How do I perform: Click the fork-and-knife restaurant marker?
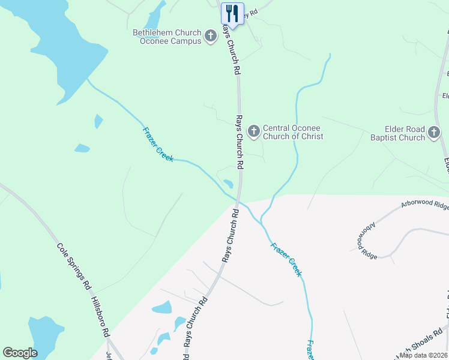pos(232,13)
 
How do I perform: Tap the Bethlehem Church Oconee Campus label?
pos(167,37)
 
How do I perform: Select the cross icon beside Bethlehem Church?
pos(211,37)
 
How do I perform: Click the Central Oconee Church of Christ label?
pos(293,132)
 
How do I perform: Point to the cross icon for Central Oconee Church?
pos(254,131)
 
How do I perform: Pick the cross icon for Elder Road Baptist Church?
pos(434,133)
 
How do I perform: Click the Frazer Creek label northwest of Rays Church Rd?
pos(158,144)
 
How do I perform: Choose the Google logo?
pos(20,353)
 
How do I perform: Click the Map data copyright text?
pos(424,355)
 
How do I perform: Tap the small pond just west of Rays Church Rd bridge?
pos(229,184)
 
